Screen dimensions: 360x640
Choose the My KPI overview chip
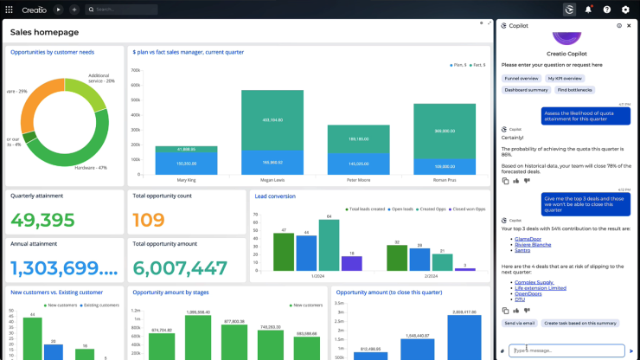(x=565, y=78)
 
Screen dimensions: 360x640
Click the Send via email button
(x=520, y=323)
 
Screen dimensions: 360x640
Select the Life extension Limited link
(x=541, y=287)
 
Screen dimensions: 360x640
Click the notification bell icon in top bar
(x=588, y=10)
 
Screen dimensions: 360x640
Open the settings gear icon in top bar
(x=625, y=10)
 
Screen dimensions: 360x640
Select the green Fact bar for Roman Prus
(x=445, y=132)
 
